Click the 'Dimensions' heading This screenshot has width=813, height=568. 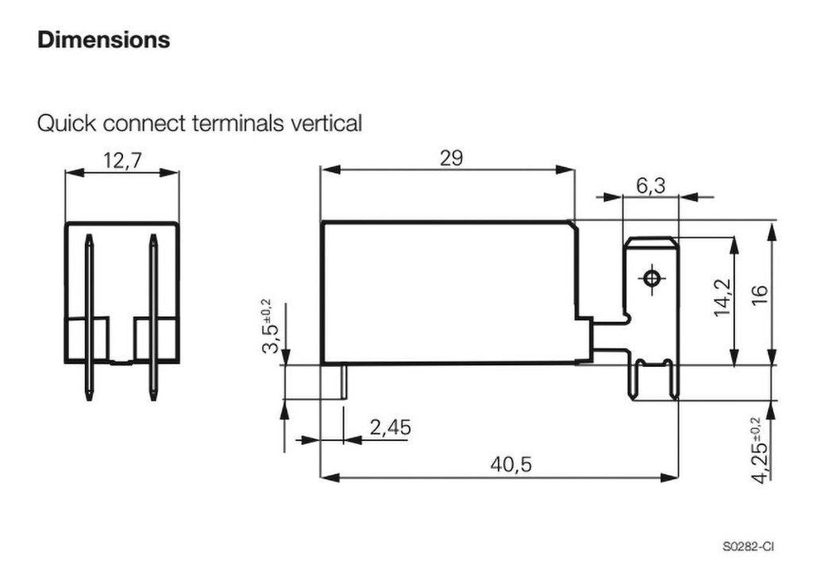tap(103, 40)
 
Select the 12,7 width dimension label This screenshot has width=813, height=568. tap(121, 161)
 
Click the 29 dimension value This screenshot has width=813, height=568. tap(451, 158)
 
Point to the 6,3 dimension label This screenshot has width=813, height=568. tap(650, 186)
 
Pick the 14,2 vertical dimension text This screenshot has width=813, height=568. tap(721, 298)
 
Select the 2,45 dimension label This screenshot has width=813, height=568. tap(391, 428)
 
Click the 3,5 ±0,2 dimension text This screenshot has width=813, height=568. tap(269, 327)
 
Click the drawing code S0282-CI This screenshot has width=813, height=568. tap(748, 547)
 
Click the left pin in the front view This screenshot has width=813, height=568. tap(89, 318)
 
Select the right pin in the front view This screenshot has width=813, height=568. tap(152, 318)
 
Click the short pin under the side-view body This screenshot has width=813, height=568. tap(345, 381)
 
